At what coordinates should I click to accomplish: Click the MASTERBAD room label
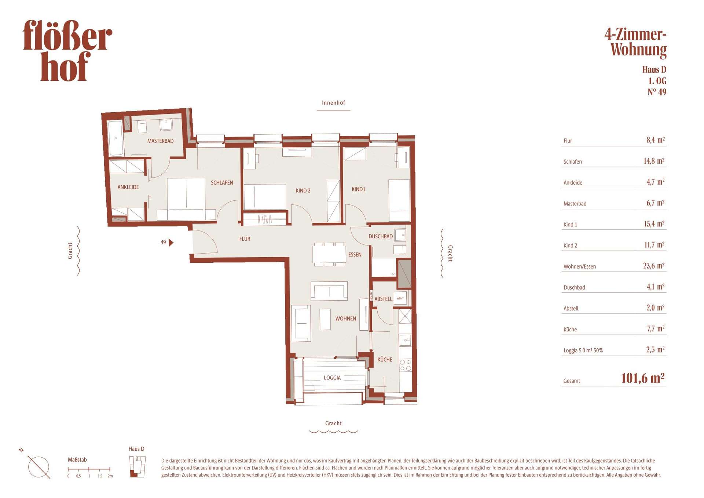point(160,141)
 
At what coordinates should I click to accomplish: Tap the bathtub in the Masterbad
point(115,138)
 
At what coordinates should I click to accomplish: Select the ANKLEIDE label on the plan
point(128,187)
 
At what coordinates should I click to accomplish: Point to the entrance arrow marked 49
point(171,242)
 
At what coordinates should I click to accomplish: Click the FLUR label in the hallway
point(245,239)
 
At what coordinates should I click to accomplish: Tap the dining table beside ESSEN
point(329,254)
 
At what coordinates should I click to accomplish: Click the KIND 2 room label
point(303,190)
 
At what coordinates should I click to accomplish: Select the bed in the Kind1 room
point(399,200)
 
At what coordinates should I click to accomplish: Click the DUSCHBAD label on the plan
point(381,236)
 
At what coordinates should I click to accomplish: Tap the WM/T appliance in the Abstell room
point(400,298)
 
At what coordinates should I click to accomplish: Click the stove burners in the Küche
point(405,365)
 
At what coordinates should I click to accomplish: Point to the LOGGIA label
point(332,378)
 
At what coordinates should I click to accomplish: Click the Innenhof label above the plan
point(333,103)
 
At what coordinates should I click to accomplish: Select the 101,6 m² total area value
point(643,378)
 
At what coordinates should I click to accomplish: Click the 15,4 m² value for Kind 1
point(654,224)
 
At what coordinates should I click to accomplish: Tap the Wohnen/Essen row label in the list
point(579,267)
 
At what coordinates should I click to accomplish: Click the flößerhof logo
point(67,50)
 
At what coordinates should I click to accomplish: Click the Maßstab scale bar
point(89,469)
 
